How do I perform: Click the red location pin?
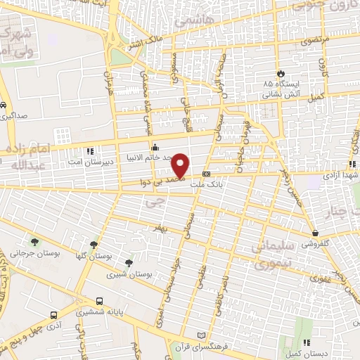click(x=181, y=166)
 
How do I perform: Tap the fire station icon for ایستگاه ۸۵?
click(x=281, y=72)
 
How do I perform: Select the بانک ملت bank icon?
click(x=206, y=173)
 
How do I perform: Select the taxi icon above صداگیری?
click(x=4, y=106)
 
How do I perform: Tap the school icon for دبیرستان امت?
click(x=89, y=150)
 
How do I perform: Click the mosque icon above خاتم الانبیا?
click(x=155, y=146)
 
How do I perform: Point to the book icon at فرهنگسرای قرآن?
click(x=204, y=335)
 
